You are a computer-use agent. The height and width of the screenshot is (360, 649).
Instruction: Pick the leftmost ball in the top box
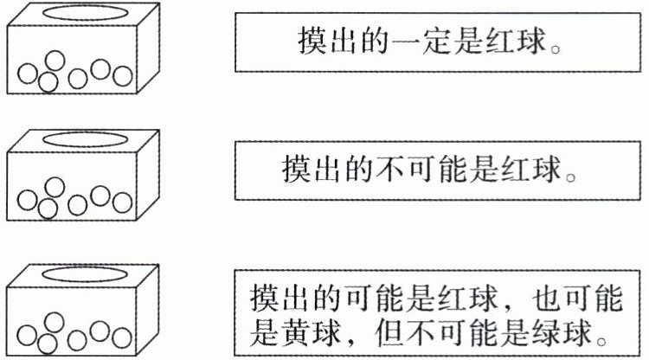[x=29, y=74]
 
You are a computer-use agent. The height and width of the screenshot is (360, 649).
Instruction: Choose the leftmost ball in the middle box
[x=29, y=202]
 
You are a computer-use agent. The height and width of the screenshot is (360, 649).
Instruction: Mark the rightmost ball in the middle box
[x=121, y=201]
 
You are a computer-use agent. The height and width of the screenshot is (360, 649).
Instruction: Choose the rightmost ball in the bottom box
[x=121, y=335]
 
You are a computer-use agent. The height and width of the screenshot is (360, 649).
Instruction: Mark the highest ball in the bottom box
[x=55, y=321]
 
